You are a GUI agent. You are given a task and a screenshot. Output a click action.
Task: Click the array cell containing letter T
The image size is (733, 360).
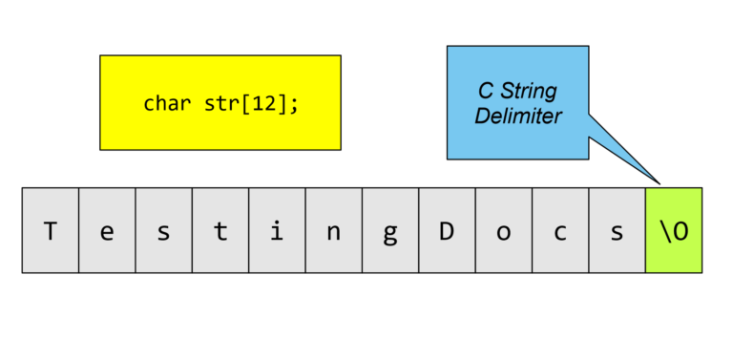[50, 230]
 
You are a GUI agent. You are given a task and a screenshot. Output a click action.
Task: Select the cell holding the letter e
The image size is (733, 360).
[107, 230]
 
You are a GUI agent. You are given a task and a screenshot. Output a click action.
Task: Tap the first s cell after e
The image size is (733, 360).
[163, 230]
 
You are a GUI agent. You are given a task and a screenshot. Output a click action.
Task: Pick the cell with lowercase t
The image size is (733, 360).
[220, 230]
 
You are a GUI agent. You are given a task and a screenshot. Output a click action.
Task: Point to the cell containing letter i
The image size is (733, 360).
[277, 230]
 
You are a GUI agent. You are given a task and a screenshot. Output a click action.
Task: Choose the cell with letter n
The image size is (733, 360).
[334, 230]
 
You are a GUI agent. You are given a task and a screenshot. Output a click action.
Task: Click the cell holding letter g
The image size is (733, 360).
[390, 230]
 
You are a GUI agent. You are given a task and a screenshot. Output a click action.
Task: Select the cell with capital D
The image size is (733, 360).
[447, 230]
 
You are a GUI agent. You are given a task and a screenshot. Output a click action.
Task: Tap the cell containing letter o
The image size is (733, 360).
[504, 230]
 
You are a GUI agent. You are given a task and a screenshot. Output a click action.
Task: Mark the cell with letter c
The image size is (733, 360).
[560, 230]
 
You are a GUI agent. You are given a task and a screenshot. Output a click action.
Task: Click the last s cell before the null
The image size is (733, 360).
[618, 230]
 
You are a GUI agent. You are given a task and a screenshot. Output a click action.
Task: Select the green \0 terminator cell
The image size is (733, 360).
[674, 230]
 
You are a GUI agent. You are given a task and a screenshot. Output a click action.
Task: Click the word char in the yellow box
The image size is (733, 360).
[166, 102]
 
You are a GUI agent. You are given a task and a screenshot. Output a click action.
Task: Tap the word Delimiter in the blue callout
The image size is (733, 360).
[518, 116]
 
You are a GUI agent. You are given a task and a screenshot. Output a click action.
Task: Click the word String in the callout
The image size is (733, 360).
[530, 93]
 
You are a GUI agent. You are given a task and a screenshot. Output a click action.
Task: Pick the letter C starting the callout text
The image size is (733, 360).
[485, 93]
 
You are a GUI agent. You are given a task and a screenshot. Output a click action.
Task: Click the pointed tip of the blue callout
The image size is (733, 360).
[659, 182]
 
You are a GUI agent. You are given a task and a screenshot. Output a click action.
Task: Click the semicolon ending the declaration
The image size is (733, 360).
[294, 104]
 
